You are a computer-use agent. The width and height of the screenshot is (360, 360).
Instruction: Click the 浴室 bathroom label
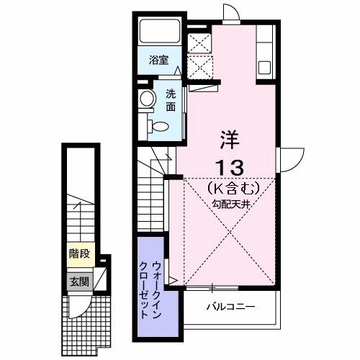coord(160,61)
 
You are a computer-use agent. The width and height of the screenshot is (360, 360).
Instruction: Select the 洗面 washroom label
coord(171,101)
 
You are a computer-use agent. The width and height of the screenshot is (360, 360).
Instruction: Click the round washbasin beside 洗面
coord(147,99)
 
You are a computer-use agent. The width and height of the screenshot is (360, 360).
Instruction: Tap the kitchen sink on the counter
coord(264,68)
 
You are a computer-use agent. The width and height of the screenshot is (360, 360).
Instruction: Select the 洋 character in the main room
coord(228,136)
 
